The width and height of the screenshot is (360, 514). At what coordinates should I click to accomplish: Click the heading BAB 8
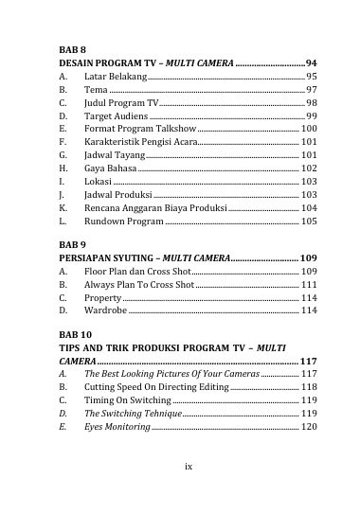[x=73, y=46]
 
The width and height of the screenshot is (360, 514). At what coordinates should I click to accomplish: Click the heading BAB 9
[x=73, y=243]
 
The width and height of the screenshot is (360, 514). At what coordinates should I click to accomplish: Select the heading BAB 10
[x=76, y=334]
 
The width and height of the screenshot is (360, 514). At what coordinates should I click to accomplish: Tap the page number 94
[x=311, y=61]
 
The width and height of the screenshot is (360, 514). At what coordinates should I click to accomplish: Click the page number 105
[x=309, y=220]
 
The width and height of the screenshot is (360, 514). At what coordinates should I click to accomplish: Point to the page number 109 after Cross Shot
[x=309, y=271]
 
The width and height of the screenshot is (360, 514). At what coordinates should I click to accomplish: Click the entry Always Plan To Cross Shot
[x=138, y=284]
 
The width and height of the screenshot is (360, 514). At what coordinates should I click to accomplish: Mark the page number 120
[x=309, y=427]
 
